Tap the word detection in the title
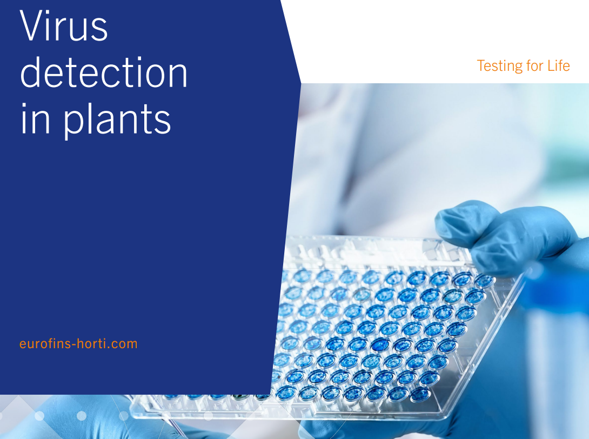(104, 72)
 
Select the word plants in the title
(117, 119)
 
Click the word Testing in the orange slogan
(499, 65)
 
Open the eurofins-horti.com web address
(78, 343)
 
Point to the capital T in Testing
(481, 65)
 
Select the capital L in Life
(551, 65)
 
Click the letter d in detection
(31, 72)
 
